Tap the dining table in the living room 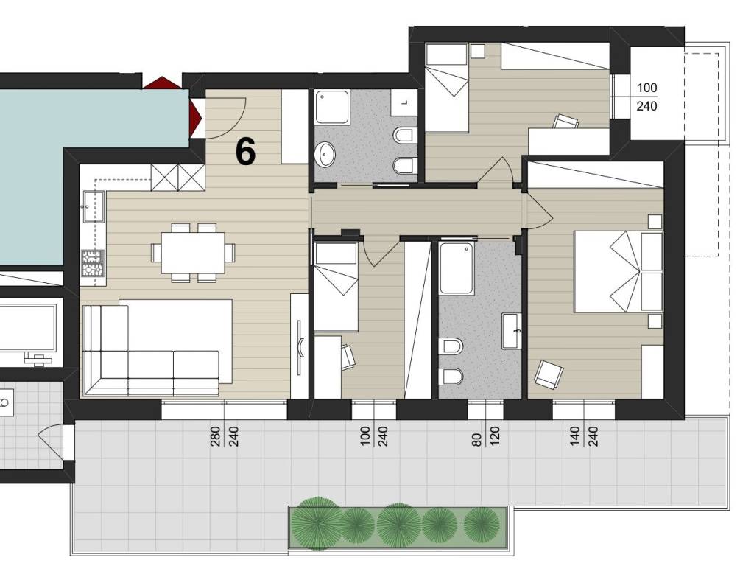(193, 252)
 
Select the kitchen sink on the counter (94, 206)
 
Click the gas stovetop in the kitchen (94, 263)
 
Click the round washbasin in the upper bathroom (326, 154)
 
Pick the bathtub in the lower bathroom (457, 268)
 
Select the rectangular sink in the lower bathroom (511, 331)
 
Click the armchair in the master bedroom (549, 374)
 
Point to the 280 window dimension (215, 436)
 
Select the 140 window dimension (575, 436)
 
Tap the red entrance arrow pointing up (162, 83)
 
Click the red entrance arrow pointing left (196, 119)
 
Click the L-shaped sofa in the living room (152, 347)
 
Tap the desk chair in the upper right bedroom (565, 122)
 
